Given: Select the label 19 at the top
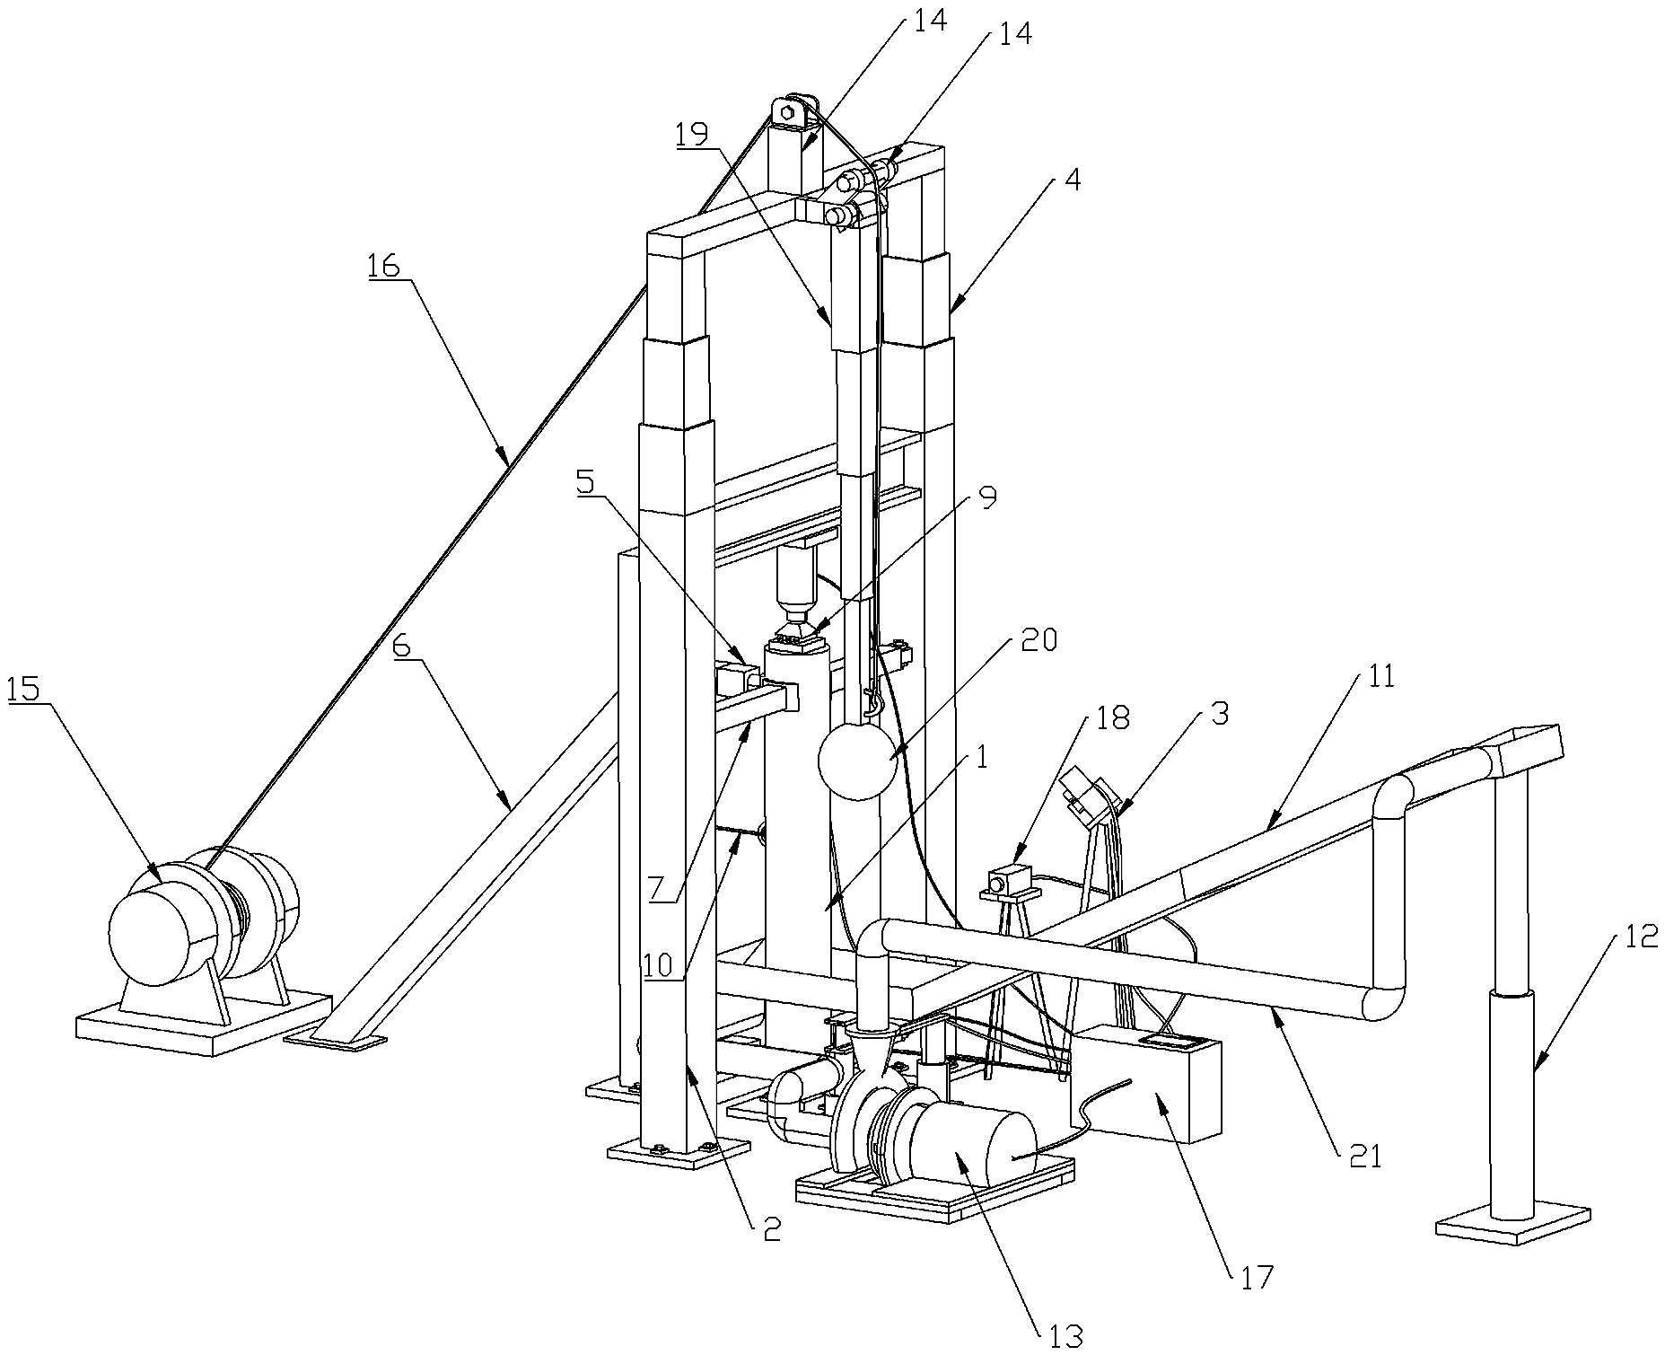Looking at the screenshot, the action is [691, 134].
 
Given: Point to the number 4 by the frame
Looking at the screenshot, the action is [1072, 179].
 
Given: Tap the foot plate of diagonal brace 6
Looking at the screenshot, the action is [335, 1040].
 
